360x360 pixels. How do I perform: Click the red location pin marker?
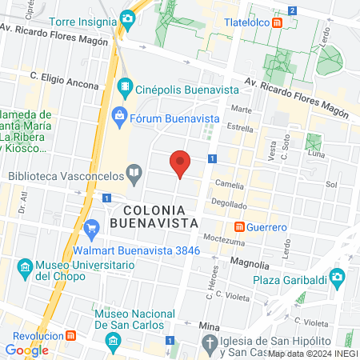pos(181,164)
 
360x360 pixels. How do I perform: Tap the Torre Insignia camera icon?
pos(128,18)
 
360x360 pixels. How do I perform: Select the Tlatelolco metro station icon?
pos(277,23)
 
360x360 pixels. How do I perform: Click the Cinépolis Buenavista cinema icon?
pos(125,86)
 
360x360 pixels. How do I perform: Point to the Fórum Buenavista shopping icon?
pos(120,114)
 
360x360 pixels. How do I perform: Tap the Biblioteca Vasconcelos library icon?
pos(134,171)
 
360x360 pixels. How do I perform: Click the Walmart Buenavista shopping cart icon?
pos(92,228)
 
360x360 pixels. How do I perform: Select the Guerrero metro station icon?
pos(238,227)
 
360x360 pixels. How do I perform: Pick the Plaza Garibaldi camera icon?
pos(338,278)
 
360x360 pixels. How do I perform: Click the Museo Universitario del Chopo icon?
pos(24,266)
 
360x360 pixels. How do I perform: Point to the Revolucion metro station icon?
pos(70,337)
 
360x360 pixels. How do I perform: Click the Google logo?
pos(26,350)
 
